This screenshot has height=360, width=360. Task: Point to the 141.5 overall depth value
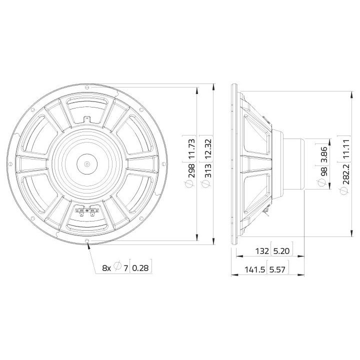pyautogui.click(x=255, y=270)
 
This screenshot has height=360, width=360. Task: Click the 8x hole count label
pyautogui.click(x=106, y=268)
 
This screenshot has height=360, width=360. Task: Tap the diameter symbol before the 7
pyautogui.click(x=117, y=268)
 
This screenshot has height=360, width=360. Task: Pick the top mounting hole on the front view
pyautogui.click(x=88, y=86)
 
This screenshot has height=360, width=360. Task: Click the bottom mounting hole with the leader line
pyautogui.click(x=88, y=241)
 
